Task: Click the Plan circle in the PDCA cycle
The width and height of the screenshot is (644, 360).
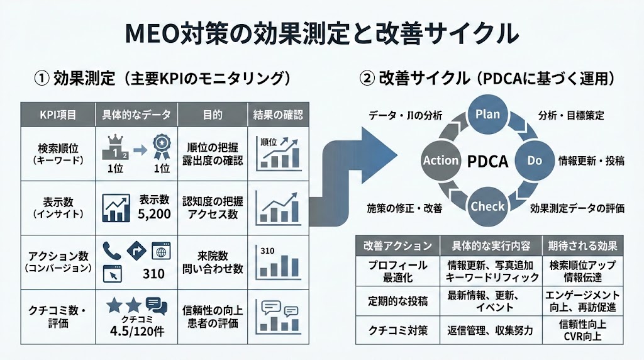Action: point(487,114)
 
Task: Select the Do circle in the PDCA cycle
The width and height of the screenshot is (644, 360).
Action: point(534,160)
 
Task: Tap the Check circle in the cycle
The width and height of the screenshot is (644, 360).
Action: point(487,206)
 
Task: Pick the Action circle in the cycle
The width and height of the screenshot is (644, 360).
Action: point(441,160)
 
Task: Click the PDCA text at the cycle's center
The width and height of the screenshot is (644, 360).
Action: point(487,160)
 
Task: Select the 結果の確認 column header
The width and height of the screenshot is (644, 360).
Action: point(277,115)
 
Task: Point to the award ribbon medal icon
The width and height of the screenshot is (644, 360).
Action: point(160,148)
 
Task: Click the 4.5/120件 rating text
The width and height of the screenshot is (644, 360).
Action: point(136,330)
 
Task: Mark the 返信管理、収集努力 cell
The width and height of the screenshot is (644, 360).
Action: point(491,330)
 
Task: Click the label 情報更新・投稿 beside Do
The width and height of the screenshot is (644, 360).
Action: point(591,160)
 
